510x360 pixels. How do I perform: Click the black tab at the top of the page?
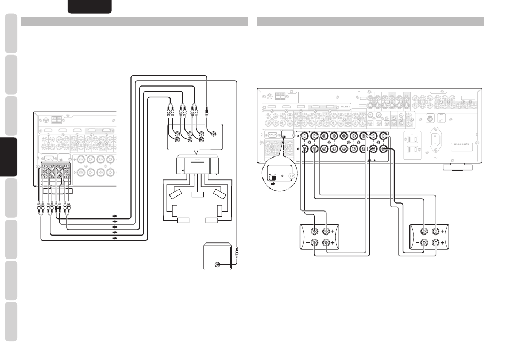coord(90,6)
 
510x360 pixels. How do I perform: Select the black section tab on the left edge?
coord(9,157)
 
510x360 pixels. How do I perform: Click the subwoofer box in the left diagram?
coord(218,257)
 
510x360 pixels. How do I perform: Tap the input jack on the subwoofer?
coord(217,264)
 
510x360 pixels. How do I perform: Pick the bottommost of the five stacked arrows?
coord(114,239)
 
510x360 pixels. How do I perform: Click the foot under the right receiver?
coord(458,167)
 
